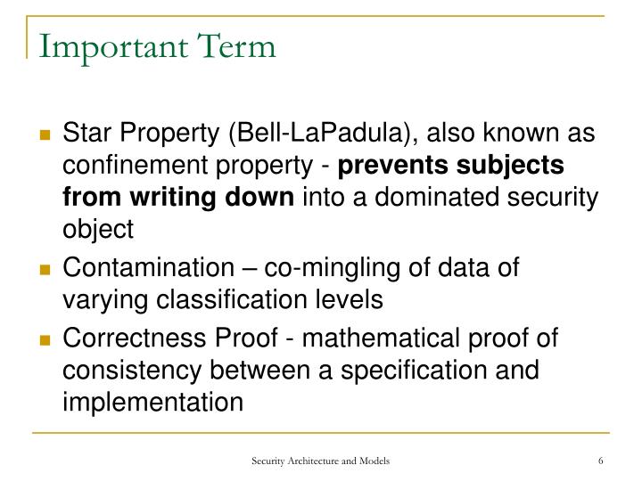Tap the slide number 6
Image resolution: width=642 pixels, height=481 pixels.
click(x=602, y=460)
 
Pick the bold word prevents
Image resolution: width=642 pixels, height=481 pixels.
click(x=395, y=167)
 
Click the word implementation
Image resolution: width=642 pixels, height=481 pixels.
click(x=152, y=403)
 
